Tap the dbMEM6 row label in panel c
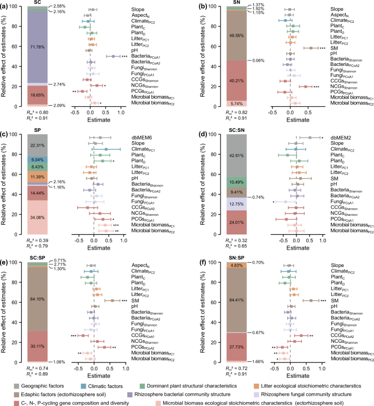pos(141,137)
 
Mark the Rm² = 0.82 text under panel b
pos(205,112)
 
